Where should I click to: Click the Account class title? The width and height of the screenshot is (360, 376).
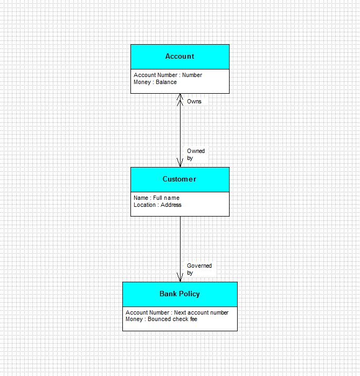click(179, 57)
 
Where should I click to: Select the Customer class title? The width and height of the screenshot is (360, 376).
click(179, 179)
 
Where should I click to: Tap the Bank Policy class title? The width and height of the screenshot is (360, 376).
click(179, 294)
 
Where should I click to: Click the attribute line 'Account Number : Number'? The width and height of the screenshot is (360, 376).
click(168, 75)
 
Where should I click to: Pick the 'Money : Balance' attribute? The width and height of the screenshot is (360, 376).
click(155, 82)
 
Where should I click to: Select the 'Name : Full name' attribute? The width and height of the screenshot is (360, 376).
click(157, 198)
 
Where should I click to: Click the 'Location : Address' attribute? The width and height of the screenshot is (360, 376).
click(157, 205)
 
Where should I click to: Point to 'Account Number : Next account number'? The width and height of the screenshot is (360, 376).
click(177, 312)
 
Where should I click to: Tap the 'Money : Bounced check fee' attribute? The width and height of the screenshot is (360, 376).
click(162, 319)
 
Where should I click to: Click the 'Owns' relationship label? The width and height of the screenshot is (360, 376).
click(194, 101)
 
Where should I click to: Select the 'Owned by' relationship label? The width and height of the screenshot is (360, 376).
click(196, 155)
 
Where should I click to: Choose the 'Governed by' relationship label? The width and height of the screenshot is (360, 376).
click(199, 269)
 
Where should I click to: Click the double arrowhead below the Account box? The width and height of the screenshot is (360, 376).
click(180, 100)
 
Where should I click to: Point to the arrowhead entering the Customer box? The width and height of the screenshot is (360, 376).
click(180, 163)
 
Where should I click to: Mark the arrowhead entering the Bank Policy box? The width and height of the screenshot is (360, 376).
click(180, 277)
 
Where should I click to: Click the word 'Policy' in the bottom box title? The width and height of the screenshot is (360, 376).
click(190, 294)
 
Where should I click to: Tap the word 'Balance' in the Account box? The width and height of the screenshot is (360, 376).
click(166, 82)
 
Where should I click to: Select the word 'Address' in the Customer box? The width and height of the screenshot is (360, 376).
click(171, 205)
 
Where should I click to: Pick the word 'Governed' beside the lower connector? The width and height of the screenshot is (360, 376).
click(199, 266)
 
